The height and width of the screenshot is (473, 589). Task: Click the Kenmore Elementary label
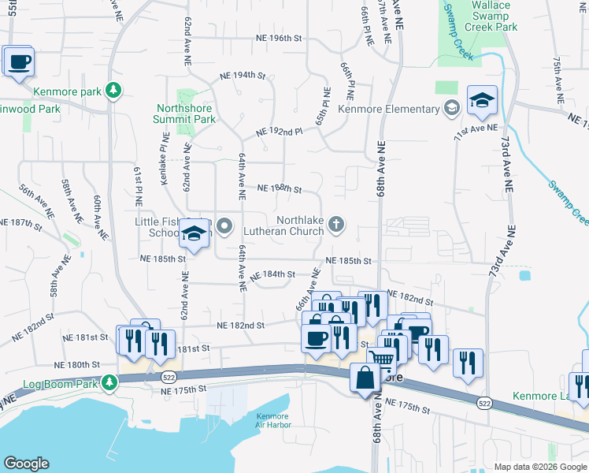coord(388,109)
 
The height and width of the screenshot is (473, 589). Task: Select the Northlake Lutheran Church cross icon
coord(336,225)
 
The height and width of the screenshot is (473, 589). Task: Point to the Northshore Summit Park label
coord(186,114)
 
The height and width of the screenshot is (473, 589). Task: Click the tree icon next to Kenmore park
coord(114,91)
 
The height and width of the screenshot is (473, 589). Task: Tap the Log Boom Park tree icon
coord(110,383)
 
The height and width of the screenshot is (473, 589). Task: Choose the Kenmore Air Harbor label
coord(273,421)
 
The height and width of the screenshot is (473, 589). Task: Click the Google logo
coord(26,464)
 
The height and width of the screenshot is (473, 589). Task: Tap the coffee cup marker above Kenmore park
coord(18,62)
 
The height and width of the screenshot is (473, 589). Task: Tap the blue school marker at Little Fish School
coord(194,235)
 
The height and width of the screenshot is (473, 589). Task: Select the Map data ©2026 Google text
coord(540,467)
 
